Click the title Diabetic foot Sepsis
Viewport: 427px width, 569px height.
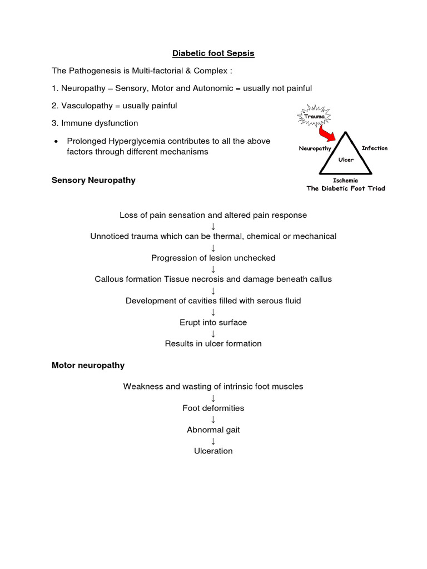[x=213, y=53]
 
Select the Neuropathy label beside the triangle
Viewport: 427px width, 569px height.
[x=315, y=148]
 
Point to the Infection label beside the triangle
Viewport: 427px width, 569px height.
[x=374, y=148]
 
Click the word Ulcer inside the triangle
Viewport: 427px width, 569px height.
[x=345, y=159]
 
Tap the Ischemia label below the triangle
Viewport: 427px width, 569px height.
[x=345, y=181]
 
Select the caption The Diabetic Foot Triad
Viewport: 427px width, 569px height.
[x=345, y=188]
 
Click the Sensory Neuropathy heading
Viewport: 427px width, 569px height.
[x=93, y=180]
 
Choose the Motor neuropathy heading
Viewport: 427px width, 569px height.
[x=88, y=365]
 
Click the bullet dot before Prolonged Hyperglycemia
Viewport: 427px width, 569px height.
[x=56, y=142]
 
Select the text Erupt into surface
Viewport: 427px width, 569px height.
[x=213, y=322]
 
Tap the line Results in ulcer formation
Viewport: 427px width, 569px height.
[x=213, y=343]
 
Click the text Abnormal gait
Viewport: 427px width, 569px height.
[x=213, y=430]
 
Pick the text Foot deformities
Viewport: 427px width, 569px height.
[x=213, y=408]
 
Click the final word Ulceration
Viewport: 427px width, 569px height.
[x=213, y=451]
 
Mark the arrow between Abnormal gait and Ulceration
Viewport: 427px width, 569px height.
[x=213, y=441]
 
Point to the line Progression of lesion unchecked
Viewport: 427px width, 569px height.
[x=213, y=258]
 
